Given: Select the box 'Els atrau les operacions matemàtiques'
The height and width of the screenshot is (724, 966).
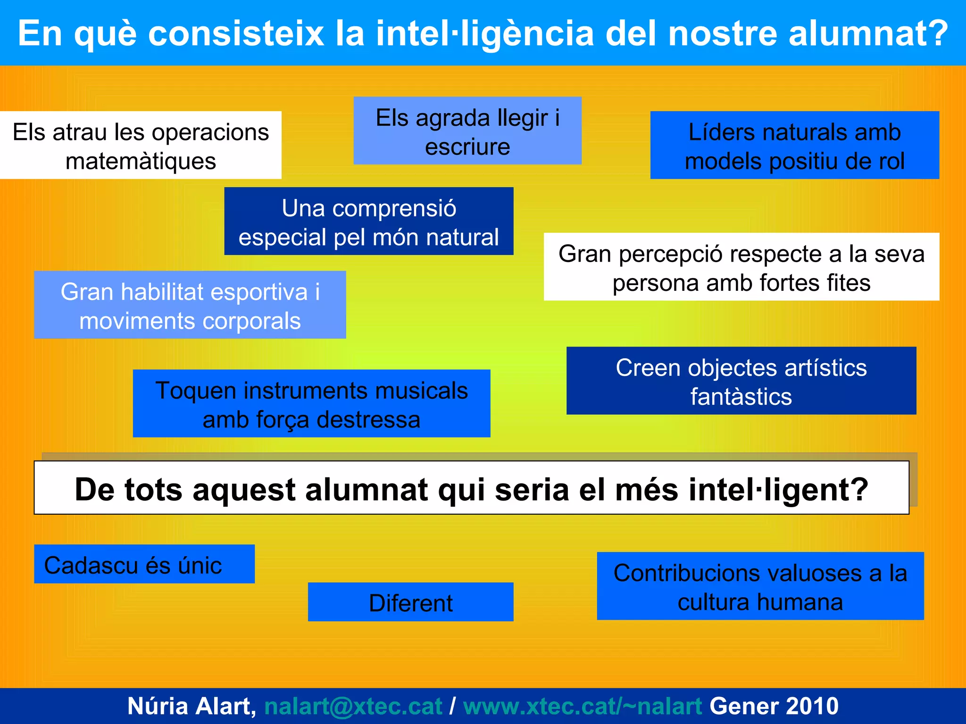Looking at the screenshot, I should tap(141, 145).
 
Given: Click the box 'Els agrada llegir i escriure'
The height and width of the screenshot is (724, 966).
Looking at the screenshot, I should tap(467, 131).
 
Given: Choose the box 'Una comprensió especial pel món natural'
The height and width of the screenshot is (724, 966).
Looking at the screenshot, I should tap(368, 221).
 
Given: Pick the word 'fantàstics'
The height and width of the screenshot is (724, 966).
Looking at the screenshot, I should tap(741, 396).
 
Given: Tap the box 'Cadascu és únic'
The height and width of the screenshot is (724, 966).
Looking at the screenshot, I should tap(144, 564).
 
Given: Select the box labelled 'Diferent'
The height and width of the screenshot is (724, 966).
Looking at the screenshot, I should tap(410, 602).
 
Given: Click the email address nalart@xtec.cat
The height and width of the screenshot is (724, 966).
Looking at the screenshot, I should tap(353, 706).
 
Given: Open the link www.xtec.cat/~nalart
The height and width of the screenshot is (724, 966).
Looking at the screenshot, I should tap(583, 706).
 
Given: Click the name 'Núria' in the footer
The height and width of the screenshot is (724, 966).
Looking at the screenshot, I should tap(158, 706).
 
